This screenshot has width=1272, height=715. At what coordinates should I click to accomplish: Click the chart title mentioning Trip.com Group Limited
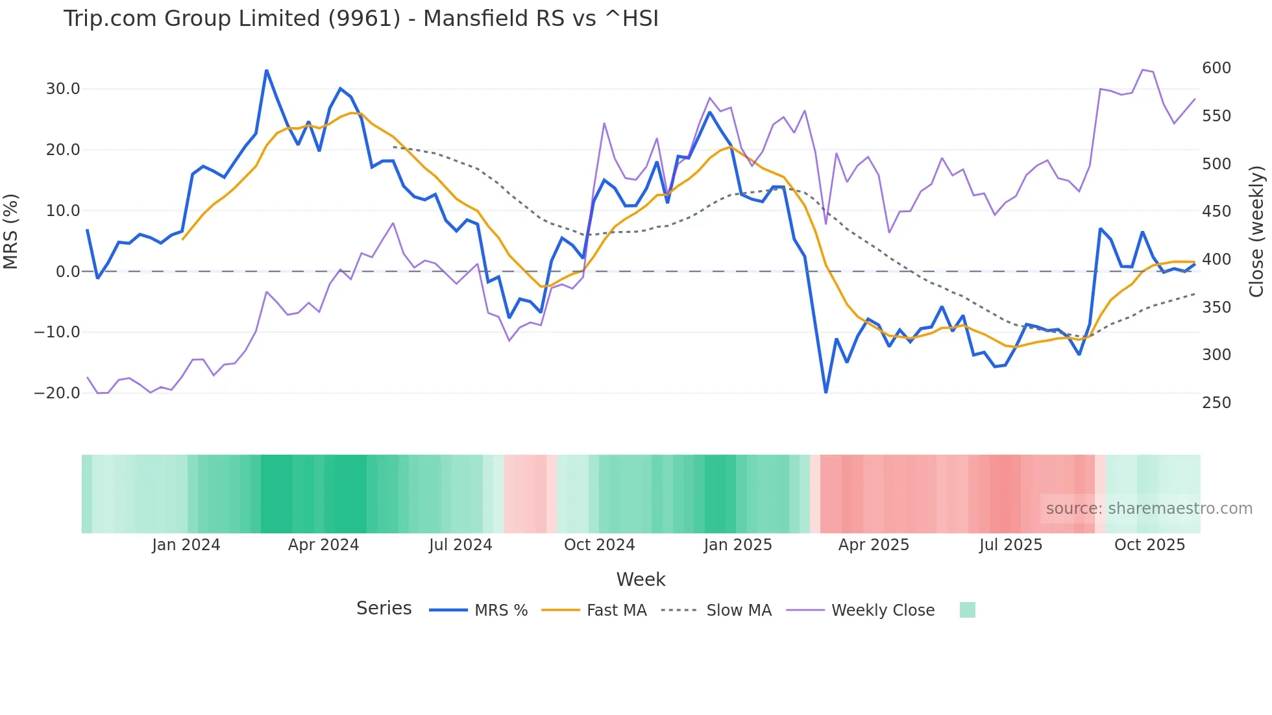coord(361,18)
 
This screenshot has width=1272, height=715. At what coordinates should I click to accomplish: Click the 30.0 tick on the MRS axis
coord(63,89)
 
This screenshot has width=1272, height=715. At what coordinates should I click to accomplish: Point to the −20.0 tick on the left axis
coord(57,393)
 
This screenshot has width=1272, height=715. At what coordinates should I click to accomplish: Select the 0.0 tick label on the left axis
coord(68,272)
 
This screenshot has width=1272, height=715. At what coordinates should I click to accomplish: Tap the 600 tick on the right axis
coord(1216,68)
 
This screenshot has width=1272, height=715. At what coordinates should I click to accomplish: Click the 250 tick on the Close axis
coord(1216,403)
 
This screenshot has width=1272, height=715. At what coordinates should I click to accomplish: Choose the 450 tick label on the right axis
coord(1216,212)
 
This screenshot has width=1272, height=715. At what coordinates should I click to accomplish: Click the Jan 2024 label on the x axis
coord(186,545)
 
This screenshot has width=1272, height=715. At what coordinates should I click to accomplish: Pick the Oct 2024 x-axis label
coord(599,545)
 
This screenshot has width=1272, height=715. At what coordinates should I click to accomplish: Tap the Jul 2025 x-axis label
coord(1010,545)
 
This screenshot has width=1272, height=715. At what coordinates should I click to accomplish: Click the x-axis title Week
coord(641,579)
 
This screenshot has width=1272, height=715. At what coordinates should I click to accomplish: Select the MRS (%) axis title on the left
coord(11,231)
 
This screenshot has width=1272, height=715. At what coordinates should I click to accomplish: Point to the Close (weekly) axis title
coord(1257,231)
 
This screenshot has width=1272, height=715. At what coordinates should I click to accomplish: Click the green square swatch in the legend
coord(967,610)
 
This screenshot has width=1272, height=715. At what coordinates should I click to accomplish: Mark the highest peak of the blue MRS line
coord(266,70)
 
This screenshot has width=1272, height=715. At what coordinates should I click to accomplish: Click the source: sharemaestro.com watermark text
coord(1149,509)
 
